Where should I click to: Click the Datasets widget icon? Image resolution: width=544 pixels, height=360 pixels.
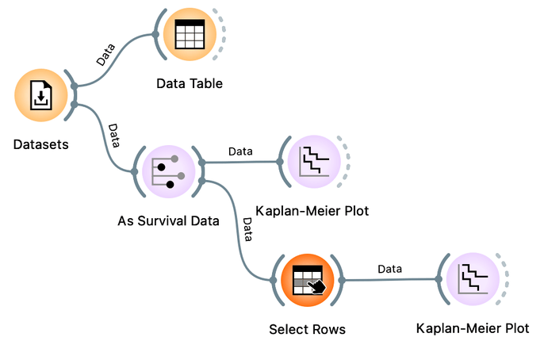click(41, 95)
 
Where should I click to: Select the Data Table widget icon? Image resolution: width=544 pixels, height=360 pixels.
click(190, 34)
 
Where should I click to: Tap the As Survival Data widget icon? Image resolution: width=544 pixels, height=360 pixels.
click(169, 172)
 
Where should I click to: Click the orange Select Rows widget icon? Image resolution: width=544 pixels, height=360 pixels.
click(308, 280)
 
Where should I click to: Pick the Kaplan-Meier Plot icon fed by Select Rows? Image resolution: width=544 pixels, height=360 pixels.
click(473, 279)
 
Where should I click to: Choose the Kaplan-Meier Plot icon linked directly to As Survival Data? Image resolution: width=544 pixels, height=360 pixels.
click(314, 162)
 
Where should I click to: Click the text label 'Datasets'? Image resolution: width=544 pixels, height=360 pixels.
click(41, 144)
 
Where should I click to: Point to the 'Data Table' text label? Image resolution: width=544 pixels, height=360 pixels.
click(190, 83)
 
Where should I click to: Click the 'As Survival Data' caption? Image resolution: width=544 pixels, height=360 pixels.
click(168, 220)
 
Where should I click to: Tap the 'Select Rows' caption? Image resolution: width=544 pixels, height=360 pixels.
click(308, 329)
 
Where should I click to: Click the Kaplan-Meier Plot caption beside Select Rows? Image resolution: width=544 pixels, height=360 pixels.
click(473, 328)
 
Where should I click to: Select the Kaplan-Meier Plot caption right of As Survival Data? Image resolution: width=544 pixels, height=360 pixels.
click(312, 210)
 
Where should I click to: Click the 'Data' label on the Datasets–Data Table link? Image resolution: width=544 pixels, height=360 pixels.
click(105, 55)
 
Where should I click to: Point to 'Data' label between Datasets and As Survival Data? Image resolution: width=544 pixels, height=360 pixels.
click(114, 136)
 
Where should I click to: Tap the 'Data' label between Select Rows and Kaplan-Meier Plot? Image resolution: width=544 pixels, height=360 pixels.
click(389, 269)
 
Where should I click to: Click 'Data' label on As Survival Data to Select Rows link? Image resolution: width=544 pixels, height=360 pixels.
click(247, 229)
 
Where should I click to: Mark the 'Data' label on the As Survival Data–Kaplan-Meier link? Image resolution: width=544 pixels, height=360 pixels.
click(240, 151)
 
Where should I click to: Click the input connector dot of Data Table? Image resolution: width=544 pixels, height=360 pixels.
click(155, 34)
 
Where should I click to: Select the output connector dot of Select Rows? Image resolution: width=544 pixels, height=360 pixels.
click(342, 280)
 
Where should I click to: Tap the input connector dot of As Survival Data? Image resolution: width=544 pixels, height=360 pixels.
click(135, 172)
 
